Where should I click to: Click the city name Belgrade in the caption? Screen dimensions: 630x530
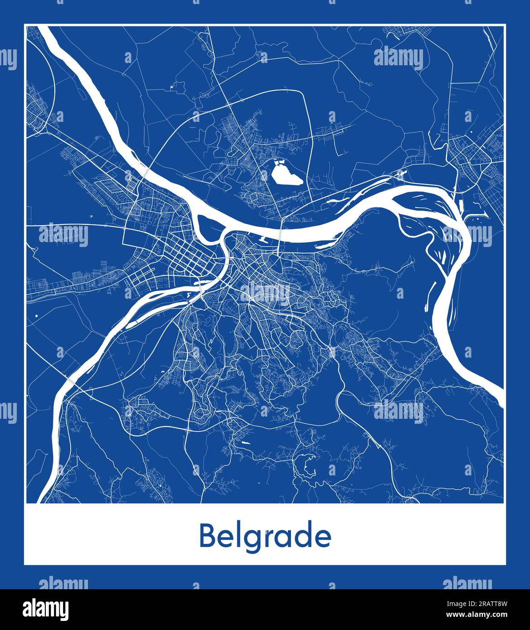point(265,537)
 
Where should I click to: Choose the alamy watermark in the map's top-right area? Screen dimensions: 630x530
point(399,58)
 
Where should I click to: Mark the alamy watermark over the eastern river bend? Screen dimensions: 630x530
point(467,234)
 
